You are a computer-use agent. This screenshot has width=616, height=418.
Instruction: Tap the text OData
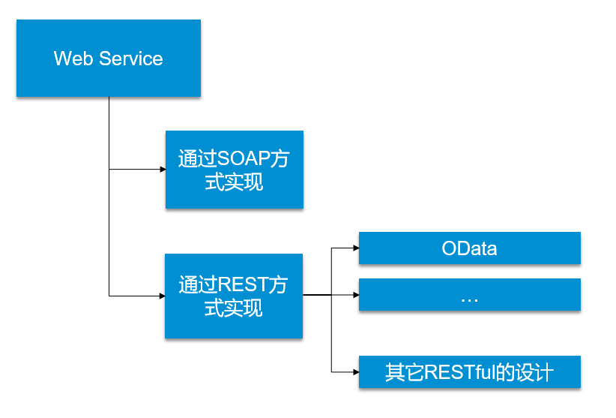click(469, 248)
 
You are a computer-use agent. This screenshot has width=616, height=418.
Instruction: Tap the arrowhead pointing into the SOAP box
click(161, 170)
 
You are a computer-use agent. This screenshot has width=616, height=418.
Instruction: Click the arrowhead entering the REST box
click(161, 296)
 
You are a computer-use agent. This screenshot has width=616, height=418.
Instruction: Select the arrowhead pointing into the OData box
click(354, 248)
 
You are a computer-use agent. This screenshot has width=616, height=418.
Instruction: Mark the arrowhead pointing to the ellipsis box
click(354, 295)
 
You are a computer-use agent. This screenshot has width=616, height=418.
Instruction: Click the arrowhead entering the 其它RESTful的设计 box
click(354, 371)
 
